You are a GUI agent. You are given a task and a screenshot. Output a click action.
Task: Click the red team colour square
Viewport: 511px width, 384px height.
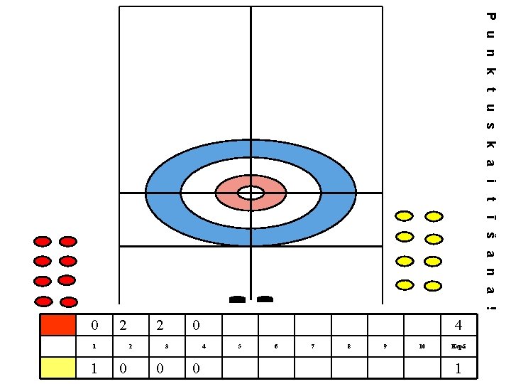(x=58, y=325)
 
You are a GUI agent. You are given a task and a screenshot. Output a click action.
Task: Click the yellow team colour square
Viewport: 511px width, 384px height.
(x=58, y=368)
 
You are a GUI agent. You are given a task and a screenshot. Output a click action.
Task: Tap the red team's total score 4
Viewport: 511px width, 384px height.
(x=458, y=326)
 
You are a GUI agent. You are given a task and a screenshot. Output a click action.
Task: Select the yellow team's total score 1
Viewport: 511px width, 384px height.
(x=458, y=368)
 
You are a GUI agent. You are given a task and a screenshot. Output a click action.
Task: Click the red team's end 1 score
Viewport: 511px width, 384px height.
(x=95, y=326)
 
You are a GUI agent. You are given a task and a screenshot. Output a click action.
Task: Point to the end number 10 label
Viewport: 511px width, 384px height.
(x=422, y=346)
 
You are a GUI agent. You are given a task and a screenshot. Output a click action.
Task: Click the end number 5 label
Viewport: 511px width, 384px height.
(x=240, y=346)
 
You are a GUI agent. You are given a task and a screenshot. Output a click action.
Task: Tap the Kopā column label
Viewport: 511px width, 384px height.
(x=458, y=346)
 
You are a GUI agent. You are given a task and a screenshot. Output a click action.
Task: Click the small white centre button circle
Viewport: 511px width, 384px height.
(x=251, y=193)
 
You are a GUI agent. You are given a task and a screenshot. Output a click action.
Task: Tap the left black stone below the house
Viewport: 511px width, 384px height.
(x=237, y=299)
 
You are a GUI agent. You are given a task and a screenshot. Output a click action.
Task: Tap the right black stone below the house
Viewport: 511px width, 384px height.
(x=265, y=299)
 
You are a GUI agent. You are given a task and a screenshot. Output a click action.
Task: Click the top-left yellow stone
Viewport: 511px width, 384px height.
(x=405, y=215)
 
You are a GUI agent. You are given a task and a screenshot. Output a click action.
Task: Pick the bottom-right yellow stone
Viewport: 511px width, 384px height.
(x=433, y=286)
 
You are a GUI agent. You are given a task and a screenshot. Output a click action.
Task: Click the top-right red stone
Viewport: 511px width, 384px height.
(x=67, y=242)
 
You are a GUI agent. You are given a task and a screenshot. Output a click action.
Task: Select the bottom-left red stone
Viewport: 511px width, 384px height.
(x=44, y=301)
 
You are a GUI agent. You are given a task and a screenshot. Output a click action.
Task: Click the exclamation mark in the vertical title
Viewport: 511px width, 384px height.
(x=490, y=307)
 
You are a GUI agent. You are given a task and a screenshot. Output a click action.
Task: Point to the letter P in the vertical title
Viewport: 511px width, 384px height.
(x=490, y=16)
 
